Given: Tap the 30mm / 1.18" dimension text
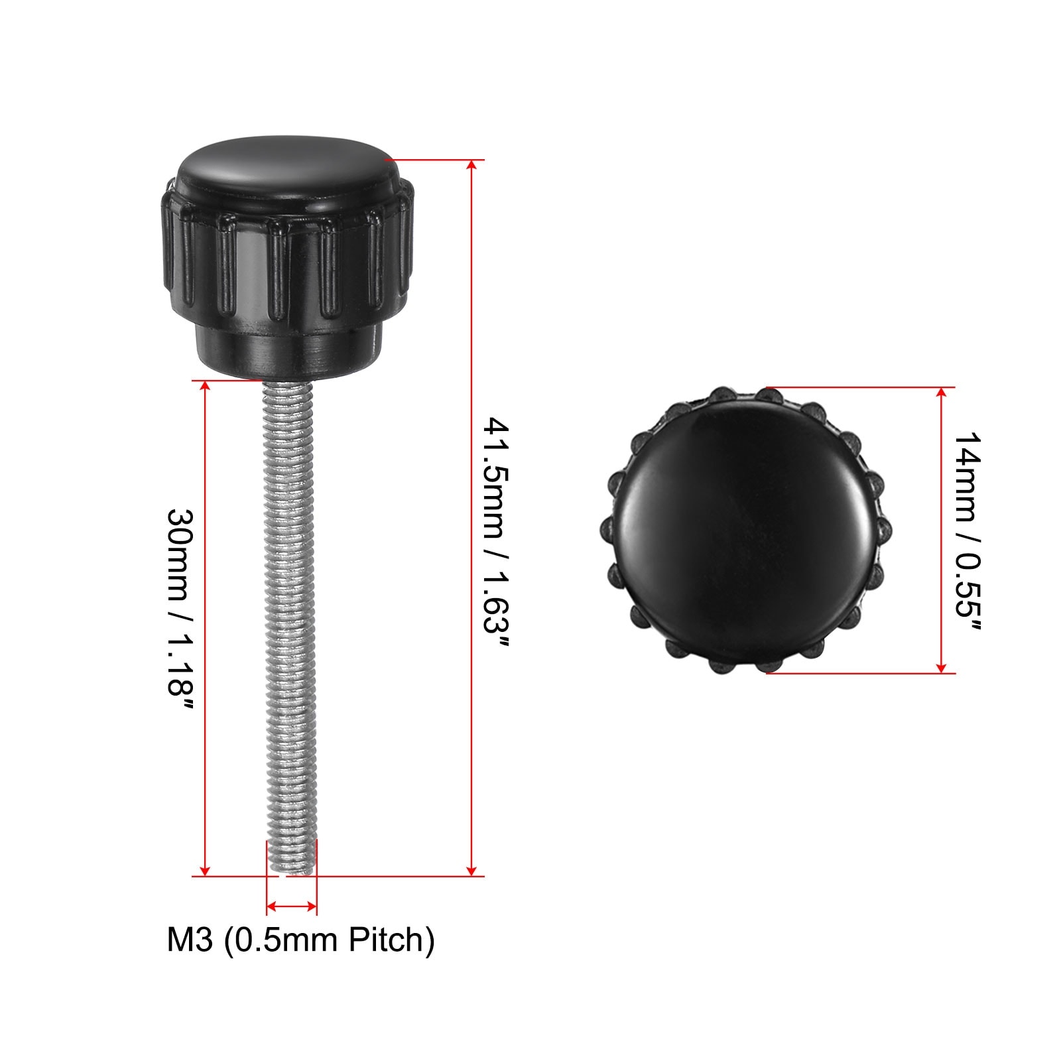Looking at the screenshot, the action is pyautogui.click(x=180, y=610).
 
